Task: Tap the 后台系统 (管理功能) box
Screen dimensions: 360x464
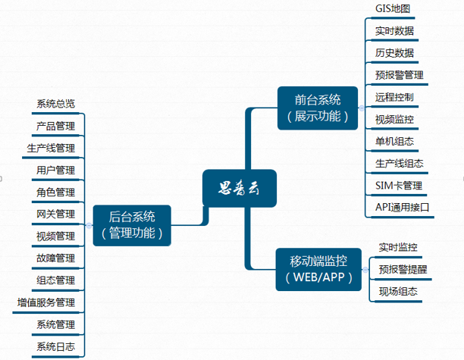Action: click(x=132, y=225)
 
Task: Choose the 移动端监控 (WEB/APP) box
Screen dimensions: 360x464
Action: click(x=319, y=269)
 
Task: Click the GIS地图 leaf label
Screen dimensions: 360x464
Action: click(x=393, y=9)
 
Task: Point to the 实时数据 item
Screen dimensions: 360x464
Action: click(x=394, y=31)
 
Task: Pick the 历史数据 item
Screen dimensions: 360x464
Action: click(x=394, y=53)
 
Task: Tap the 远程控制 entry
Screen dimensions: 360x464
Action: click(x=394, y=97)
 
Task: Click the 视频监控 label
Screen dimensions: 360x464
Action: click(x=394, y=119)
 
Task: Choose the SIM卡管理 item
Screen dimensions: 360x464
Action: click(x=399, y=185)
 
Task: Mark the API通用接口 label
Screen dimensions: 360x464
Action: click(x=403, y=207)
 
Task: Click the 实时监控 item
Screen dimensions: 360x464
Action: click(x=398, y=247)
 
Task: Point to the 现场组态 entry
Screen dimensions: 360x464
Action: click(x=398, y=291)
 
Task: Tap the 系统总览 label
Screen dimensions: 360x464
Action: click(x=55, y=104)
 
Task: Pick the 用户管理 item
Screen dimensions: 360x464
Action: click(x=55, y=170)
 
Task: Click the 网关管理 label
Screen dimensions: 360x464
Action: click(x=55, y=214)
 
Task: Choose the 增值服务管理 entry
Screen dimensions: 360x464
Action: click(x=46, y=303)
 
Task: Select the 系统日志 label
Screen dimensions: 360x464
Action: click(x=55, y=347)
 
